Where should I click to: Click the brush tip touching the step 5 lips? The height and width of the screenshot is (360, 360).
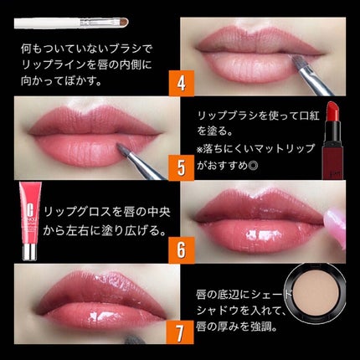[x=123, y=148]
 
